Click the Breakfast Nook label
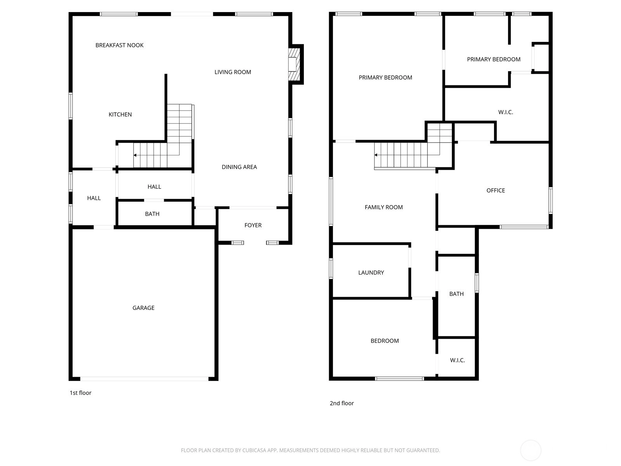tap(120, 45)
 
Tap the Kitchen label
tap(120, 115)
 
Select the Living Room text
tap(232, 72)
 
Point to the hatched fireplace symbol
tap(294, 64)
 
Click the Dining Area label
tap(239, 167)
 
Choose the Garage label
tap(144, 308)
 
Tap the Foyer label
tap(253, 225)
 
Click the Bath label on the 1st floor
tap(152, 214)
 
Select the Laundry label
tap(371, 273)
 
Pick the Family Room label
tap(383, 207)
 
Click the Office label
tap(496, 190)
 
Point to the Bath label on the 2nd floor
tap(456, 294)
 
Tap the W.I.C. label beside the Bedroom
tap(458, 360)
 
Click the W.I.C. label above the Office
tap(506, 112)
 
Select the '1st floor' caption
tap(81, 393)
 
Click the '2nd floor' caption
tap(342, 403)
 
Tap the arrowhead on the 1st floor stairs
tap(135, 155)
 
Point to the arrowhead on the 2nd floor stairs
tap(376, 155)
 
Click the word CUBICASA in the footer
tap(254, 450)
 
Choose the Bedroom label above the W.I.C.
tap(385, 341)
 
